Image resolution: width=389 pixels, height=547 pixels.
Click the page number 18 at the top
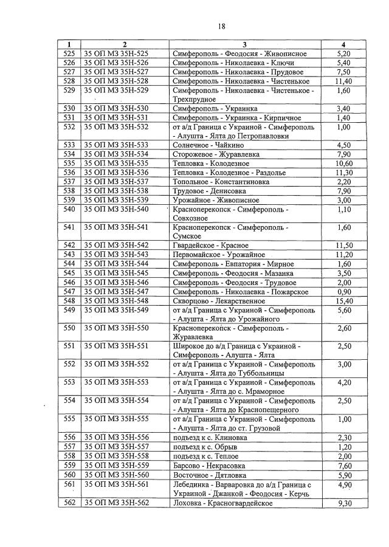click(222, 26)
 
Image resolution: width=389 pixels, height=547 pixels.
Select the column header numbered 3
click(244, 45)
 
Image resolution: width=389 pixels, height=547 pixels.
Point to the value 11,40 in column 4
click(343, 81)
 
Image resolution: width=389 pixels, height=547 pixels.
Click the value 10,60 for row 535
click(343, 163)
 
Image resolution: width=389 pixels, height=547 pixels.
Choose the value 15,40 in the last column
click(343, 300)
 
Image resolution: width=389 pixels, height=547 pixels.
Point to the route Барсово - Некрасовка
click(208, 465)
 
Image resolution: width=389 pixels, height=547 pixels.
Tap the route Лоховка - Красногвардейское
click(222, 504)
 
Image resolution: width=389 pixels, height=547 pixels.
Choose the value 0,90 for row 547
click(343, 291)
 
